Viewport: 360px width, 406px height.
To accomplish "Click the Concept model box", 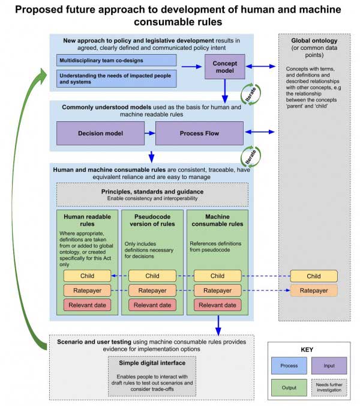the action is click(225, 67).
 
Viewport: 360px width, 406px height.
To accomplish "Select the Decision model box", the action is click(100, 133).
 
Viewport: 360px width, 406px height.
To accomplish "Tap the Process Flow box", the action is click(199, 133).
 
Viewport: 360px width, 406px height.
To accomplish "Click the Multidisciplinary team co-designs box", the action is click(116, 60).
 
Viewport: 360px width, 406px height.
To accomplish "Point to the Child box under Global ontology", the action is click(314, 276).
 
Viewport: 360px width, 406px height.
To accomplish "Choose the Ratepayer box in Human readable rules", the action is click(87, 291).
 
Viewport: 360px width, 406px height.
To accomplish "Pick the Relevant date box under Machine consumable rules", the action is click(217, 305).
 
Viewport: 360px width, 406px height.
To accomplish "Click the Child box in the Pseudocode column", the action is click(152, 276).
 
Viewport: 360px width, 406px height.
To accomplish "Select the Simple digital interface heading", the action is click(152, 363).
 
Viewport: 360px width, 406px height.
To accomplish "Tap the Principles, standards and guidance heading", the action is click(152, 192).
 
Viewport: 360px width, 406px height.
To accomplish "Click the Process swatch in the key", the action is click(289, 366).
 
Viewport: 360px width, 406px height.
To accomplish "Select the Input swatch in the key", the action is click(329, 366).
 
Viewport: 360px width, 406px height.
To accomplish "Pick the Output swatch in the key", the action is click(289, 387).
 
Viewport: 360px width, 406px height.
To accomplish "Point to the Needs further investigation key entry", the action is click(329, 387).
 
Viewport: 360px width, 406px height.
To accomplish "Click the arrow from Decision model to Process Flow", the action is click(150, 133).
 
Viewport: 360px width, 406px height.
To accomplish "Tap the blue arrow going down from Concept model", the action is click(225, 91).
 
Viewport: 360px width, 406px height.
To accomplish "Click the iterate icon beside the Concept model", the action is click(250, 94).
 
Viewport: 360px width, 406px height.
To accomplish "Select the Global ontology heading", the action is click(314, 41).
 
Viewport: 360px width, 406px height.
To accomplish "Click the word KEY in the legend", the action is click(307, 350).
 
